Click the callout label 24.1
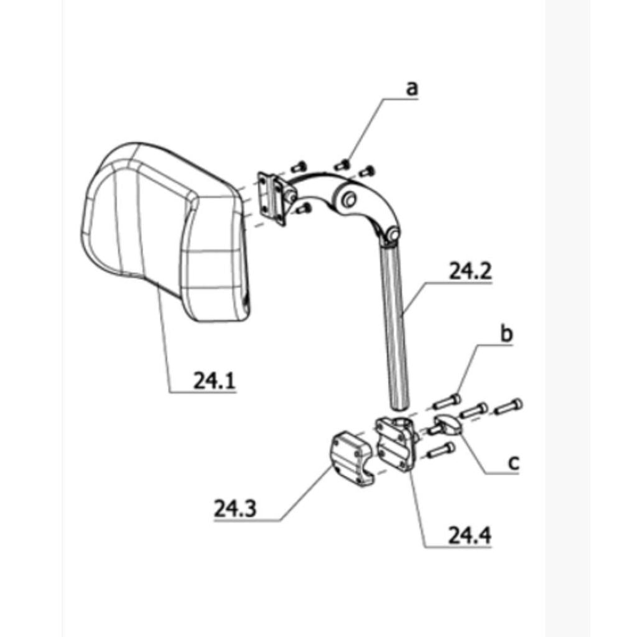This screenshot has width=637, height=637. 214,381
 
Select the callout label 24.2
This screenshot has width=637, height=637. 470,271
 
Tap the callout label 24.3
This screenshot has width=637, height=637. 235,508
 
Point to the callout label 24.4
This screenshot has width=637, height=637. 470,535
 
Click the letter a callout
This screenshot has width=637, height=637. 412,88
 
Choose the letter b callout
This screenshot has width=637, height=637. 506,333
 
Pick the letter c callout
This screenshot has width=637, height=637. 514,462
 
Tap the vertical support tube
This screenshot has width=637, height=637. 395,325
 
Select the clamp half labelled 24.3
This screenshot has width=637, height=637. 350,458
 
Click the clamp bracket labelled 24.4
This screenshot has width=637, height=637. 397,444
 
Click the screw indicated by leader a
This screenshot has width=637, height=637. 342,164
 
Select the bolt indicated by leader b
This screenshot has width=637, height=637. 447,401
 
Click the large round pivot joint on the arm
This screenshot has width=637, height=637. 348,199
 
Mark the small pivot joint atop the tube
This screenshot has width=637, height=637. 393,234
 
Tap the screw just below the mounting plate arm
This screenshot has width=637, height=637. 304,209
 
